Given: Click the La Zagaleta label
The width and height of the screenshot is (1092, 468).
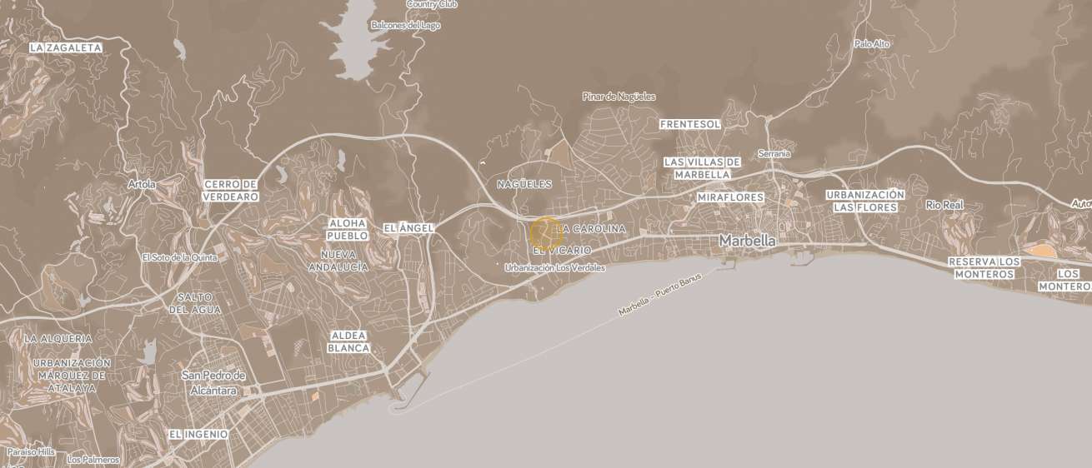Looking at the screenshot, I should point(65,47).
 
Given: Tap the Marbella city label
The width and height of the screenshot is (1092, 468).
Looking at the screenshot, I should point(747,241).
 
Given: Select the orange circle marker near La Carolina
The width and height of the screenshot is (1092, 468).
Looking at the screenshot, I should point(546,233).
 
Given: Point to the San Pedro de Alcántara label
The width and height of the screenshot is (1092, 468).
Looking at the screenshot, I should point(213,382).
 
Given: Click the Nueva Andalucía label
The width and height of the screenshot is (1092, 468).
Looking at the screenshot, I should point(338,261).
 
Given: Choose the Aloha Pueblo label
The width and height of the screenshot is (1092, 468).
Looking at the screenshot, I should point(348,229).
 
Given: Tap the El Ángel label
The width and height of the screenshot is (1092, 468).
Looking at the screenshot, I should point(408,228).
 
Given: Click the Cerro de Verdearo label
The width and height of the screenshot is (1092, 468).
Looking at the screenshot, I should point(231,191).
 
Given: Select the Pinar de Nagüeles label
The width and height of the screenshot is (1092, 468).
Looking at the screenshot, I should point(619,97).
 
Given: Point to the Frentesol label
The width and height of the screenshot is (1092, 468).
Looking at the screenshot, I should point(689,124).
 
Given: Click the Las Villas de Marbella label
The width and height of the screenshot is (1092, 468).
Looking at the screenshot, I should point(702,168).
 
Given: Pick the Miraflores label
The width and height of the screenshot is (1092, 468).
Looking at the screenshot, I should point(730,197).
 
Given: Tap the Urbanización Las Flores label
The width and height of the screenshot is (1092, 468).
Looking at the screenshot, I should point(865,201).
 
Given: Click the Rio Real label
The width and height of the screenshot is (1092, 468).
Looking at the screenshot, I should point(944,205).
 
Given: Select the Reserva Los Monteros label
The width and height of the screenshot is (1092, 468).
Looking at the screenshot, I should point(984,267).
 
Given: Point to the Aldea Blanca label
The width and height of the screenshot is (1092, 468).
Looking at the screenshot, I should point(348,341).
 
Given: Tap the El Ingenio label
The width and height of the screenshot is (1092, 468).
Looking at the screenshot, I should point(198,434).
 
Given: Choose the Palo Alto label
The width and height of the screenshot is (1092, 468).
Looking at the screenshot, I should point(873,43).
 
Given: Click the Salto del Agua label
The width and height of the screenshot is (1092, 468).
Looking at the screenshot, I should point(196,303).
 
